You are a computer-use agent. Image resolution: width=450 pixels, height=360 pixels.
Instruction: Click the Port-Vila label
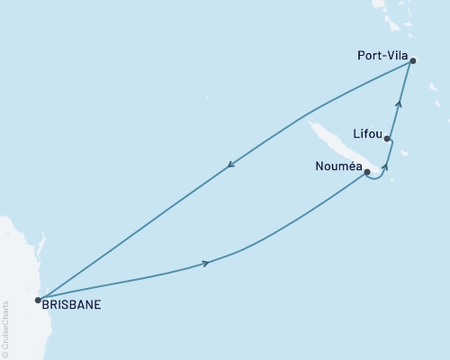click(379, 55)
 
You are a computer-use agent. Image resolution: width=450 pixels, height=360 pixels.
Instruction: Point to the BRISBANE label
click(71, 304)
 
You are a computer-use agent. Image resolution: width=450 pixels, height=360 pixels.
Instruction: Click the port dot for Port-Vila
click(413, 61)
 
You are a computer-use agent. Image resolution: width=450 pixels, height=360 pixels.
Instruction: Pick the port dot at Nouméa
click(367, 171)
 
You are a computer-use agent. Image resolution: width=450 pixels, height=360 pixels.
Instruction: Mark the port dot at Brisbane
click(37, 300)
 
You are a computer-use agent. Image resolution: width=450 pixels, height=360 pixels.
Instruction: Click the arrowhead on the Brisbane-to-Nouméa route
click(206, 263)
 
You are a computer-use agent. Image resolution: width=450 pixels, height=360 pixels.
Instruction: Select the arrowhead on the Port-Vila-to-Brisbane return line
click(231, 164)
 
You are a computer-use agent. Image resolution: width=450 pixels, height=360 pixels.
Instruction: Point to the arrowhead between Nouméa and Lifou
click(386, 166)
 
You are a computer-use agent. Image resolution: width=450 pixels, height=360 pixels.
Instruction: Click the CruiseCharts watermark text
click(4, 324)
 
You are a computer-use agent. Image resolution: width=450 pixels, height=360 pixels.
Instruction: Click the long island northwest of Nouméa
click(328, 144)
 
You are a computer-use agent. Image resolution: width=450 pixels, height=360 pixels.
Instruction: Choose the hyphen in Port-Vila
click(382, 56)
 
